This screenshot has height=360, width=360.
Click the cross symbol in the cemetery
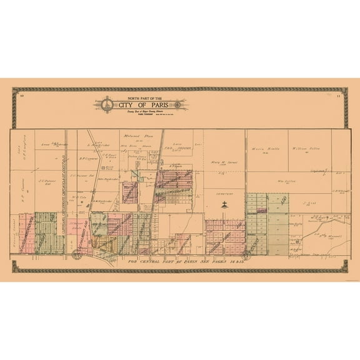(223, 204)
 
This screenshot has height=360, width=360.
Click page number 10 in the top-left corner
(21, 94)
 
